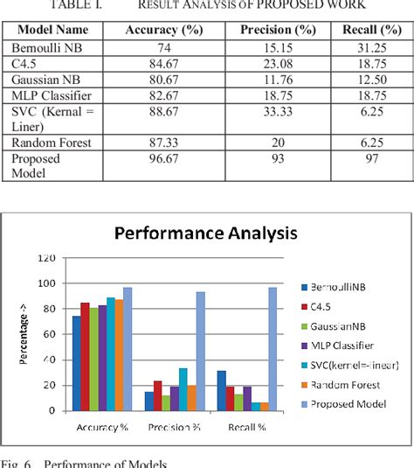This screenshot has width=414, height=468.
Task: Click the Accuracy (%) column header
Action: coord(163,28)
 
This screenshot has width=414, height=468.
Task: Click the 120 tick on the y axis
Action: coord(49,258)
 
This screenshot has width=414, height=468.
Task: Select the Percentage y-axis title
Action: coord(25,337)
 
